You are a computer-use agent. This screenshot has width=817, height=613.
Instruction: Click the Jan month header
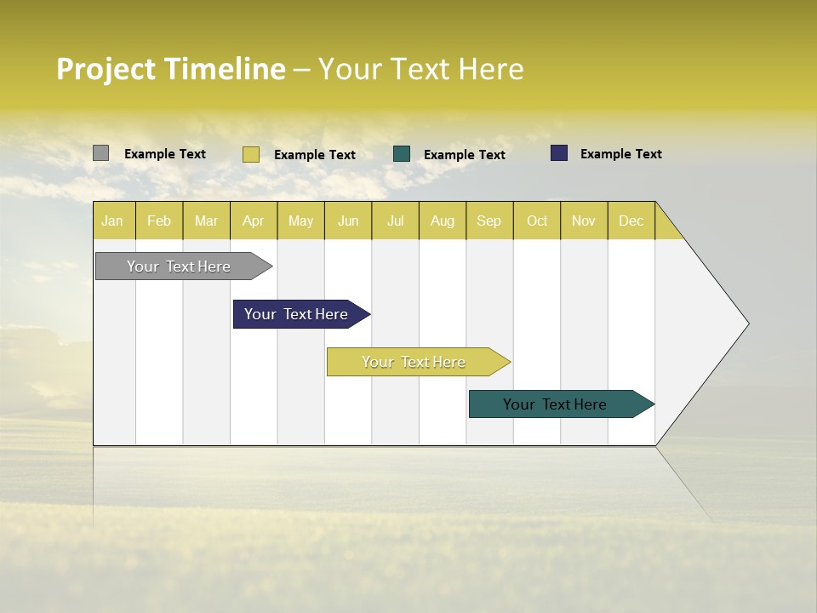pyautogui.click(x=113, y=221)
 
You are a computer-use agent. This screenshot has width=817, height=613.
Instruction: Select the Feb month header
pyautogui.click(x=159, y=221)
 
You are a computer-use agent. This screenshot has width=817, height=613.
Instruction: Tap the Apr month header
pyautogui.click(x=254, y=221)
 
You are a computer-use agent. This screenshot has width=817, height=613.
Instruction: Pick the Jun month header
pyautogui.click(x=348, y=221)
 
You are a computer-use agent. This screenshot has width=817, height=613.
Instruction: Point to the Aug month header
pyautogui.click(x=443, y=221)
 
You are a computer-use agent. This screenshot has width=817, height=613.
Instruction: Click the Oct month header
pyautogui.click(x=537, y=221)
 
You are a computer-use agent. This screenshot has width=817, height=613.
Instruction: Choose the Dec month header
pyautogui.click(x=631, y=221)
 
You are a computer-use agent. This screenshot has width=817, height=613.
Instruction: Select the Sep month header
pyautogui.click(x=489, y=221)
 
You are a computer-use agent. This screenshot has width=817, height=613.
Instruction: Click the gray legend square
pyautogui.click(x=101, y=153)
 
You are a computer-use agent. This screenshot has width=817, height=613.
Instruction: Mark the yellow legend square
pyautogui.click(x=251, y=154)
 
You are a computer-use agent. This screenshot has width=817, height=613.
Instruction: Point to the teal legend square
pyautogui.click(x=402, y=154)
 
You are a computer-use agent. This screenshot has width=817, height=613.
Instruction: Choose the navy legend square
pyautogui.click(x=559, y=153)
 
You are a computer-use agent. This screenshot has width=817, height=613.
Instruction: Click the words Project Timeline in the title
pyautogui.click(x=171, y=69)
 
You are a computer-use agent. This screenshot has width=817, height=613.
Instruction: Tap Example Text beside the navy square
pyautogui.click(x=620, y=154)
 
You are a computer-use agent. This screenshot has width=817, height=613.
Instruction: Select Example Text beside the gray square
pyautogui.click(x=165, y=154)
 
